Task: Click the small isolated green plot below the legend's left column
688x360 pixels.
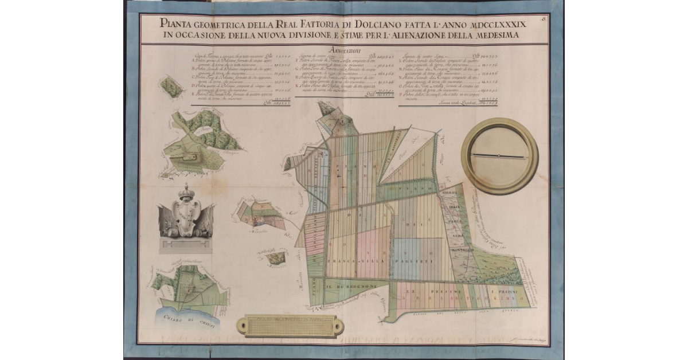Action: [x=171, y=86]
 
